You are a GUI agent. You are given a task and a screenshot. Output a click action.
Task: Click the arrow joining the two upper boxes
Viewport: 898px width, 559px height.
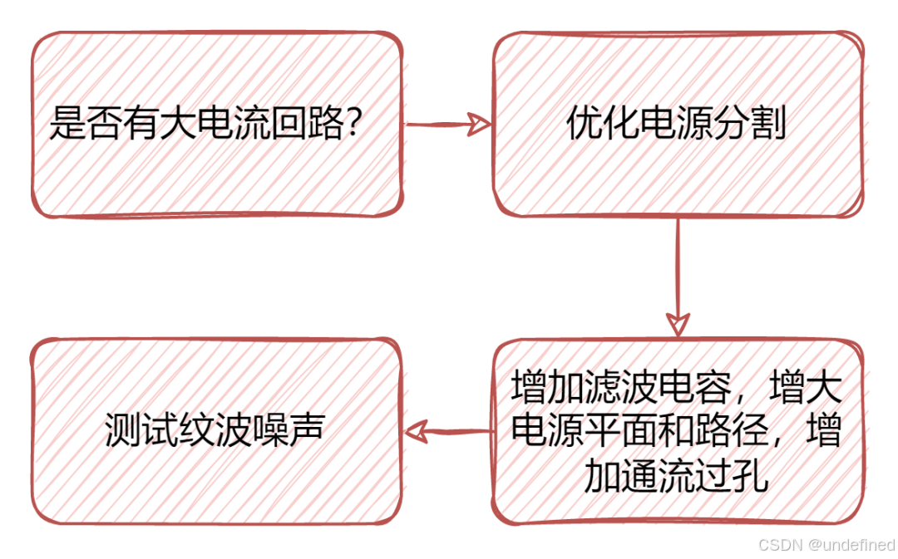[441, 125]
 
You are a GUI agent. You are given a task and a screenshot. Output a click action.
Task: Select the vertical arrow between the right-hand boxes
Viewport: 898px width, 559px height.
[678, 266]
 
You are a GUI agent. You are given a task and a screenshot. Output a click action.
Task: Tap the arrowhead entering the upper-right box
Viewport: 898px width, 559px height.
[481, 125]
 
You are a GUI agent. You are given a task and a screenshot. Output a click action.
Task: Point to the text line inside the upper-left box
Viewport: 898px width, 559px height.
[205, 124]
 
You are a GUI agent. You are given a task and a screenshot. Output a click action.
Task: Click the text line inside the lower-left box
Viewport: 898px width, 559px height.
[215, 430]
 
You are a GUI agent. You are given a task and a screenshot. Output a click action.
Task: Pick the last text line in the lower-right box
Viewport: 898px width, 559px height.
[678, 476]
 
